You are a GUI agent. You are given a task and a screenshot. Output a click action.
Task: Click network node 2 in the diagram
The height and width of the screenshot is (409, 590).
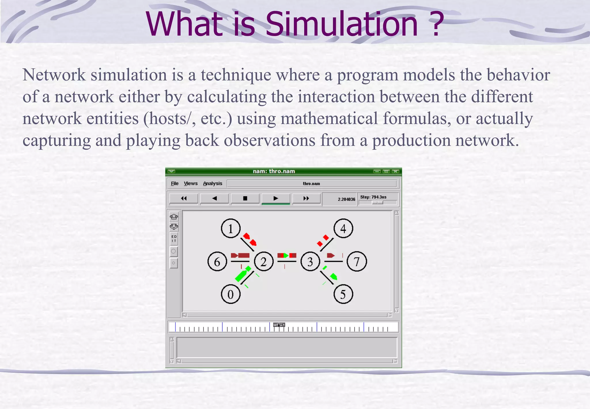(264, 262)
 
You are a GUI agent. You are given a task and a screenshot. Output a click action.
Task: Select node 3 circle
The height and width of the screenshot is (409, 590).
(310, 262)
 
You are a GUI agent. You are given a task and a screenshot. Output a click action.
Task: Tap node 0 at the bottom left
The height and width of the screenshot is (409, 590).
(230, 294)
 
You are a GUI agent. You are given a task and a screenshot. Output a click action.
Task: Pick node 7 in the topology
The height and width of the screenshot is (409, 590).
(357, 262)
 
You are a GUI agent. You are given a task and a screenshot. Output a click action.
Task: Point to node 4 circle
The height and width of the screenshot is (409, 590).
(343, 228)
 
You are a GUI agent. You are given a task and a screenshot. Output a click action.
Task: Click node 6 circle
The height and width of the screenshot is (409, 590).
(217, 262)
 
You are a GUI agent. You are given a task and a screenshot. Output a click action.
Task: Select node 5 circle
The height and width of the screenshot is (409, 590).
(343, 294)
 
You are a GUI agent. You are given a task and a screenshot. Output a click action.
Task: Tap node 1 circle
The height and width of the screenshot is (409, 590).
(230, 228)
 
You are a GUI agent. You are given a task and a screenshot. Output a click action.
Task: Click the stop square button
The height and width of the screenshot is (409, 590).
(245, 198)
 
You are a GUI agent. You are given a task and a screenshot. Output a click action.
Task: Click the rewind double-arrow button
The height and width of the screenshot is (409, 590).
(184, 198)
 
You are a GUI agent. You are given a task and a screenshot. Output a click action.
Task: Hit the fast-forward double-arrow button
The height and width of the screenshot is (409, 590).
(306, 198)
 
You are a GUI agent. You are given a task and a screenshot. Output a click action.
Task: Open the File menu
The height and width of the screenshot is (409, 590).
(175, 183)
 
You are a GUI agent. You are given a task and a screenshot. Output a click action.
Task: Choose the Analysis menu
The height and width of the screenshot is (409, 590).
(213, 183)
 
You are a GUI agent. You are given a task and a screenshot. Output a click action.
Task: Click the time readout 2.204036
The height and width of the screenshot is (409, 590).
(346, 199)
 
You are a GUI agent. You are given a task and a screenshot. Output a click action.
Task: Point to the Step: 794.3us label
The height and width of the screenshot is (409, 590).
(373, 197)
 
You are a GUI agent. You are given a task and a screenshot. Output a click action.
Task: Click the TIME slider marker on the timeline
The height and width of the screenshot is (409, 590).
(279, 325)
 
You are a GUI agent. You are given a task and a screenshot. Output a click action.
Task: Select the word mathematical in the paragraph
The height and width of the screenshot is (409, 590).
(329, 119)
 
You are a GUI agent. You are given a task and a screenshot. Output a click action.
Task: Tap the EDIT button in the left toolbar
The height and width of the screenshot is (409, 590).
(174, 239)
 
